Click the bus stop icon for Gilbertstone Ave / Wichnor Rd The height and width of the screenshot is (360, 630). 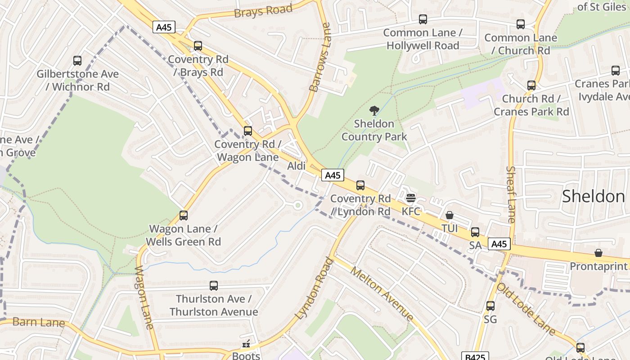point(77,60)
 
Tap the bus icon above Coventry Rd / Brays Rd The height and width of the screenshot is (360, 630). point(198,45)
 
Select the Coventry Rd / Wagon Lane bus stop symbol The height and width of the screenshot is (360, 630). point(248,131)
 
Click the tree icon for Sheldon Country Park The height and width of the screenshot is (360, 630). point(374,110)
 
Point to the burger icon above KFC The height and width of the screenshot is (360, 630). point(410,198)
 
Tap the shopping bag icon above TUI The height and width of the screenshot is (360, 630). point(449,216)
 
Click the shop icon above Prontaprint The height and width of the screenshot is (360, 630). point(598,253)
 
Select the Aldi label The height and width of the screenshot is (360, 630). point(297,166)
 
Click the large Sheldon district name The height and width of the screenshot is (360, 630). point(594,196)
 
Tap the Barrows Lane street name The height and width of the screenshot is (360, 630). point(320,57)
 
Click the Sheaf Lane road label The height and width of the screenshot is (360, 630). point(511,194)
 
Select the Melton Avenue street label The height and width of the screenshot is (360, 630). point(382,293)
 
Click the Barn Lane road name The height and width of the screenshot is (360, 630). point(39,322)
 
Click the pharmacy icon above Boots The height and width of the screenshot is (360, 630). point(246,344)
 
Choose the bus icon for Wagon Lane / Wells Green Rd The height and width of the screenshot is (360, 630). point(184,216)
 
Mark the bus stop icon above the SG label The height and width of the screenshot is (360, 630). point(490,306)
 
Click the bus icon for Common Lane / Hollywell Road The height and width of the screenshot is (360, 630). point(423,19)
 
